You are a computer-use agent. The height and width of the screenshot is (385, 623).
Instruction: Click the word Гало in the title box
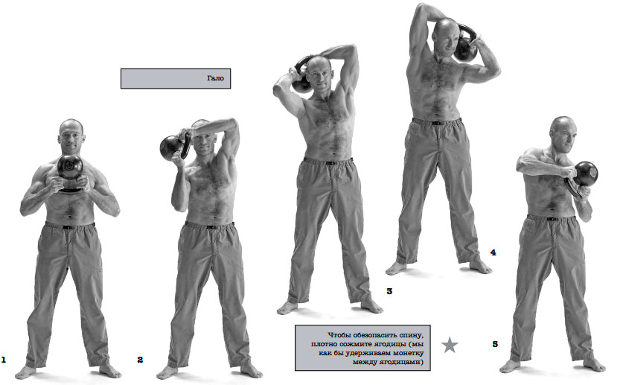click(215, 78)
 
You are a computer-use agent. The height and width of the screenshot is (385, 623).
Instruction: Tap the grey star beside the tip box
click(450, 345)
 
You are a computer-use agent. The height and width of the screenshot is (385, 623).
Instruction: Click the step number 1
click(4, 360)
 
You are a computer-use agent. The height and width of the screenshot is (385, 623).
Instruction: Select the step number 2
click(140, 360)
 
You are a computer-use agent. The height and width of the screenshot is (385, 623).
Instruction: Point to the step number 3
click(389, 291)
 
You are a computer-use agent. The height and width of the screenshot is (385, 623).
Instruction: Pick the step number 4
click(493, 252)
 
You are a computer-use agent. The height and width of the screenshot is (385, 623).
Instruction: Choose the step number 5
click(495, 344)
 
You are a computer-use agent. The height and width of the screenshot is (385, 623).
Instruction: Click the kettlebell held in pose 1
click(70, 171)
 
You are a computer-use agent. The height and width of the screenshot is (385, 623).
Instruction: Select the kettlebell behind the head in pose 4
click(466, 44)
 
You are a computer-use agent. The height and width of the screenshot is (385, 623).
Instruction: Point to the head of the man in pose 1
click(71, 136)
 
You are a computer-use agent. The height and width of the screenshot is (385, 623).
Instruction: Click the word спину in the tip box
click(414, 335)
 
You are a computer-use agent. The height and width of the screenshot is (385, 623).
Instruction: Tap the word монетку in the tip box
click(408, 353)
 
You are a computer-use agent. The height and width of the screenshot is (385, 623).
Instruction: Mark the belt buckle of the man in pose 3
click(330, 162)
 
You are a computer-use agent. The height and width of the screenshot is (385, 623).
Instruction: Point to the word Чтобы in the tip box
click(337, 335)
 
